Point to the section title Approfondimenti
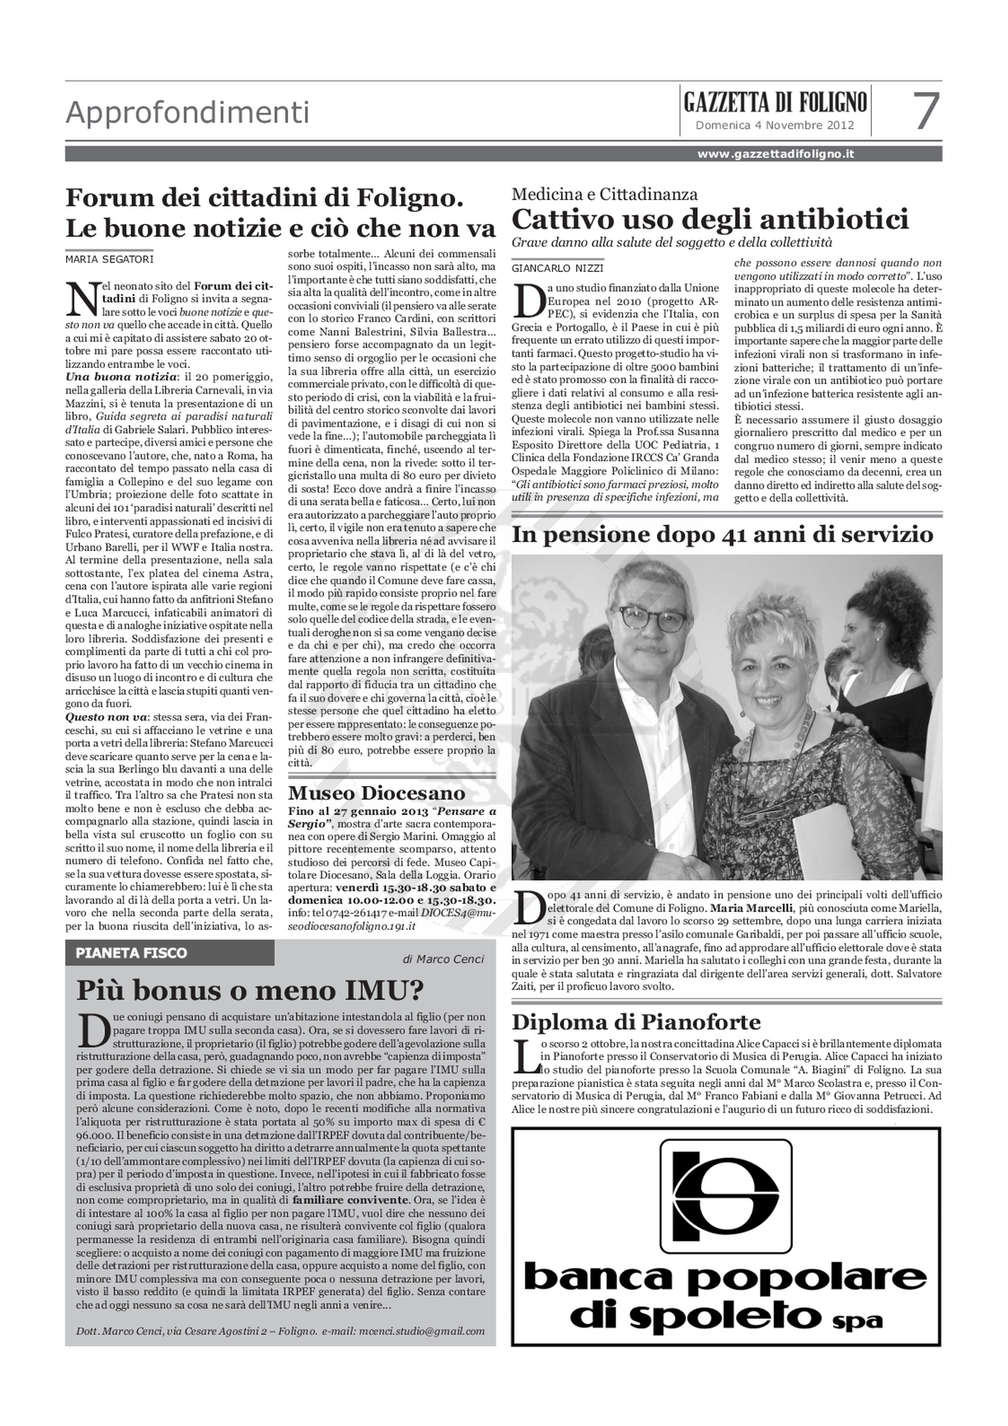tap(187, 113)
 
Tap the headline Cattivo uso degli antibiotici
tap(710, 219)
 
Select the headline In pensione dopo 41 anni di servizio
tap(722, 534)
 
